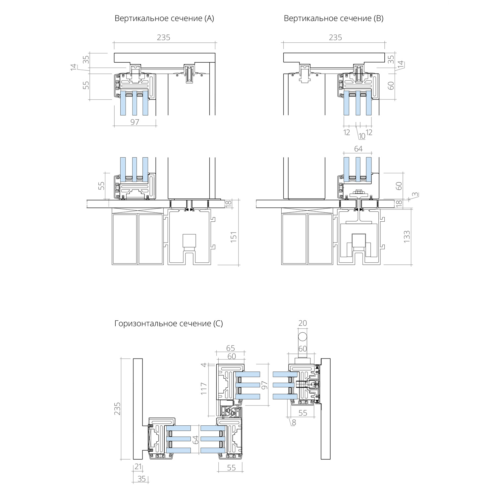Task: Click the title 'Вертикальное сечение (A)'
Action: (x=164, y=19)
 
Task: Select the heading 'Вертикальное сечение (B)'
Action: (x=333, y=19)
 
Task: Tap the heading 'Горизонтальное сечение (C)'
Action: (x=169, y=323)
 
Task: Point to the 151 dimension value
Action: (x=233, y=237)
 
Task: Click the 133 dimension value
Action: (x=407, y=237)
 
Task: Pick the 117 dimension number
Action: (x=204, y=388)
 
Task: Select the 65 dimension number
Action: (x=230, y=348)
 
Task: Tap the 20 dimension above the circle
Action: (x=303, y=323)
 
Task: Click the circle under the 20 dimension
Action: (x=302, y=337)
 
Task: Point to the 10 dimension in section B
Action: (x=362, y=136)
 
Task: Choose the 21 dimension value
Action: (x=138, y=467)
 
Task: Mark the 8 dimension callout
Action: (x=294, y=422)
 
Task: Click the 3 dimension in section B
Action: (x=414, y=194)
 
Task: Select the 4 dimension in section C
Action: (x=204, y=365)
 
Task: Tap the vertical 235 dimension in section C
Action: (x=117, y=409)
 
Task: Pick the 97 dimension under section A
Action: (x=135, y=122)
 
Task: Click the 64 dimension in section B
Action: (x=358, y=149)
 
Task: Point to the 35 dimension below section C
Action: (x=141, y=479)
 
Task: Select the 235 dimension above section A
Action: (x=164, y=37)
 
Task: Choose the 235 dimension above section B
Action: (x=335, y=37)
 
